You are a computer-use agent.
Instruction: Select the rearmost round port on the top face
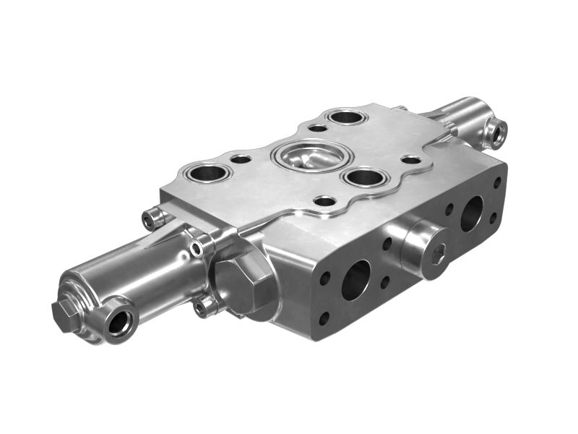coord(346,116)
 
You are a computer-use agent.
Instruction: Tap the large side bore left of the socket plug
coord(355,280)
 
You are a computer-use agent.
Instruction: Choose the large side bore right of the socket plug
coord(473,213)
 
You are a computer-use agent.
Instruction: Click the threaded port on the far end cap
coord(496,132)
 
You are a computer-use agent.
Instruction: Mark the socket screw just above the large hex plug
coord(197,249)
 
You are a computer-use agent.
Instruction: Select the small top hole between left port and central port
coord(241,158)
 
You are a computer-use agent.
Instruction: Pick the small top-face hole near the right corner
coord(411,159)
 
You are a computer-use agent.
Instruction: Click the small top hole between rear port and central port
coord(318,128)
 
